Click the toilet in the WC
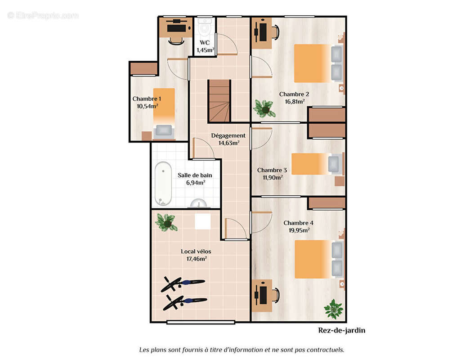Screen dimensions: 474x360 [x=205, y=26]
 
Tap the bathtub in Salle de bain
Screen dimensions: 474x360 [x=163, y=184]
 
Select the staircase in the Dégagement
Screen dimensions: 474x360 [x=219, y=101]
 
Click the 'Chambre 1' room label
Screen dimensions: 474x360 [x=147, y=99]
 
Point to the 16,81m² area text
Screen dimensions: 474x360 [x=295, y=102]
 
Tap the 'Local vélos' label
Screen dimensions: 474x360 [x=196, y=252]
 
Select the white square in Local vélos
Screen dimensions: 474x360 [x=202, y=222]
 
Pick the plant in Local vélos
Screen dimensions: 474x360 [x=165, y=222]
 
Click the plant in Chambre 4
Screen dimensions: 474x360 [x=333, y=309]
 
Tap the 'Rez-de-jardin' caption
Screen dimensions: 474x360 [x=342, y=330]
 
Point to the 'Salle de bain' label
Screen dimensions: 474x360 [x=195, y=175]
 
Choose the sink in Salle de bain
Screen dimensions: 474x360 [x=199, y=204]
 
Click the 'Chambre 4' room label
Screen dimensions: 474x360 [x=298, y=223]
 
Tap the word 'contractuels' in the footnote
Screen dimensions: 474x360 [x=325, y=350]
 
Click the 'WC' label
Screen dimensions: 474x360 [x=205, y=43]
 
